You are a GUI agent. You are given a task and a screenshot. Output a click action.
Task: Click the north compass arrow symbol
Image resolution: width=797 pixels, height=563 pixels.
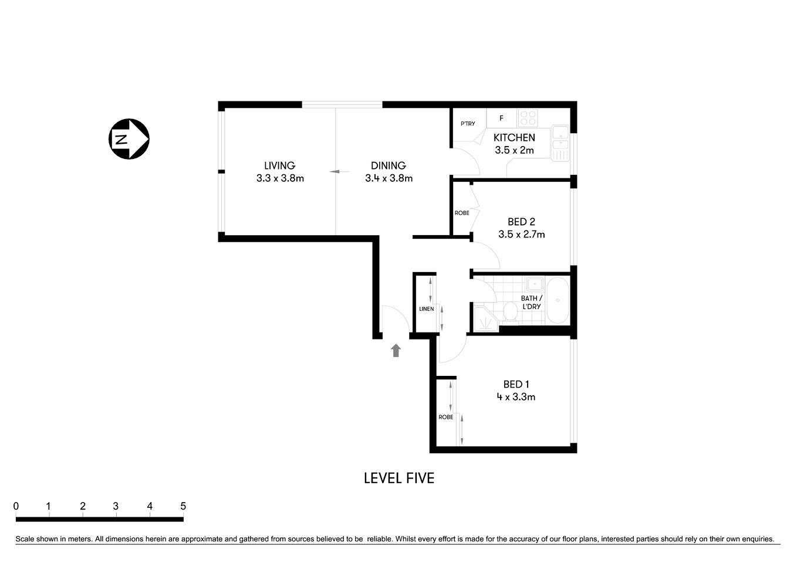(x=129, y=139)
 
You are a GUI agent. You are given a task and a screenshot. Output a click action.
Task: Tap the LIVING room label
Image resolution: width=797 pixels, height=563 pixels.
(x=279, y=165)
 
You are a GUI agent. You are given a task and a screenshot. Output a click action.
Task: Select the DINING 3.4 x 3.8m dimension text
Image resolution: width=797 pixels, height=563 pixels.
(x=389, y=178)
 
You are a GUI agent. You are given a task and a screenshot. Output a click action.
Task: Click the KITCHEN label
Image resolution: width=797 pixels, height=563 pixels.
(x=514, y=137)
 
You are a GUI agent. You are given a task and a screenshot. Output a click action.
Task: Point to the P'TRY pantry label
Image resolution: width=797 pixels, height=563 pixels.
(x=468, y=124)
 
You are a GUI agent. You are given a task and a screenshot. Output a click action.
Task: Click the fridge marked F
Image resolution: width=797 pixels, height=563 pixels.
(x=501, y=118)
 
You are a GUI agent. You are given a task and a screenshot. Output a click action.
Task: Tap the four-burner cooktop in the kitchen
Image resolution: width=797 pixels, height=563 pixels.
(x=528, y=118)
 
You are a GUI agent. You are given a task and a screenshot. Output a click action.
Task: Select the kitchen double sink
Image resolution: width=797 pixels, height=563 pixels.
(x=560, y=143)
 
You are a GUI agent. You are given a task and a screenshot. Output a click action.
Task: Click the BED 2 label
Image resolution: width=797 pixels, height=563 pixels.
(x=521, y=222)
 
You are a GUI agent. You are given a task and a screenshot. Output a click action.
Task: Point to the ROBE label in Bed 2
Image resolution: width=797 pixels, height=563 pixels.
(x=462, y=213)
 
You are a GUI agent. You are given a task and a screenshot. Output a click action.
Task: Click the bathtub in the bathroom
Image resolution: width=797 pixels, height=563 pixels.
(x=557, y=300)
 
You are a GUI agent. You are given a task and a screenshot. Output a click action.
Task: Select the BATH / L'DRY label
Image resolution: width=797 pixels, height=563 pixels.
(x=531, y=302)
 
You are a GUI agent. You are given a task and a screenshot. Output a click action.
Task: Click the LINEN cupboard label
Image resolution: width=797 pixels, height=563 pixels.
(x=426, y=309)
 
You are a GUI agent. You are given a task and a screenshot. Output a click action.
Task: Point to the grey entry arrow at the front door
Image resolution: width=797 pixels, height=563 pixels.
(x=396, y=351)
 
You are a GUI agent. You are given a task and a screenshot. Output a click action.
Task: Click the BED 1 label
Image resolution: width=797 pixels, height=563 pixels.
(x=516, y=384)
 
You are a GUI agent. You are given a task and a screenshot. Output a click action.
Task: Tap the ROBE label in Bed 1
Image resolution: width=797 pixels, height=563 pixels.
(x=445, y=417)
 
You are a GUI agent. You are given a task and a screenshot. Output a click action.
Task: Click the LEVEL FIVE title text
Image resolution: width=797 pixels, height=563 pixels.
(x=399, y=478)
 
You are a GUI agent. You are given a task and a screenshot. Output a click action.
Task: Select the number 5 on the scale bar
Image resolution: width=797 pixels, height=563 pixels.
(x=183, y=506)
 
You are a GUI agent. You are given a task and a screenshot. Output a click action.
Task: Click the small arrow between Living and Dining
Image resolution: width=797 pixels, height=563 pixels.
(x=335, y=172)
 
